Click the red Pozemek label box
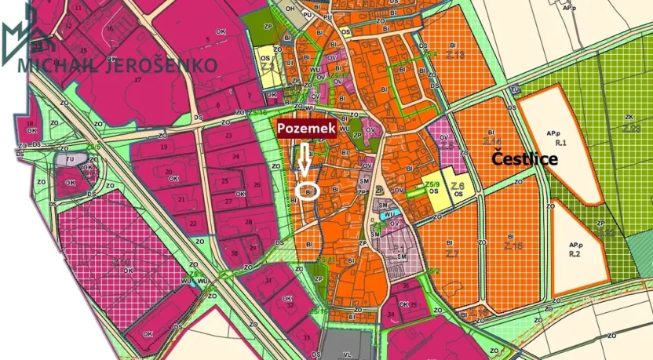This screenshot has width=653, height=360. point(305,127)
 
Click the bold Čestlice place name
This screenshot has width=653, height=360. point(524,159)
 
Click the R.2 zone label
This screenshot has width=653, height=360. point(574,254)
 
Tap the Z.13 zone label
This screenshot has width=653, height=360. point(454,54)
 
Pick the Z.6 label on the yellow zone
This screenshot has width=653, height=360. point(459,185)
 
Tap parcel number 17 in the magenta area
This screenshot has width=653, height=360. point(137,79)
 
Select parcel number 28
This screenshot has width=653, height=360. point(249,223)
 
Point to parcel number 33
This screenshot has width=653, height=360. point(305,338)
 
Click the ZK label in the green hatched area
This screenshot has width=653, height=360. point(629,117)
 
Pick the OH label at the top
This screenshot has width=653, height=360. point(290,9)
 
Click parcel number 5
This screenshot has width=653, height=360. point(208,39)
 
